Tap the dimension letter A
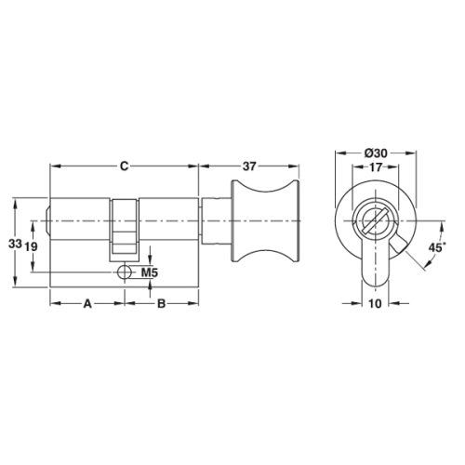tap(87, 303)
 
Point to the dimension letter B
tap(160, 303)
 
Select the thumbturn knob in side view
tap(266, 223)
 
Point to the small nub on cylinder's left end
tap(46, 223)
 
